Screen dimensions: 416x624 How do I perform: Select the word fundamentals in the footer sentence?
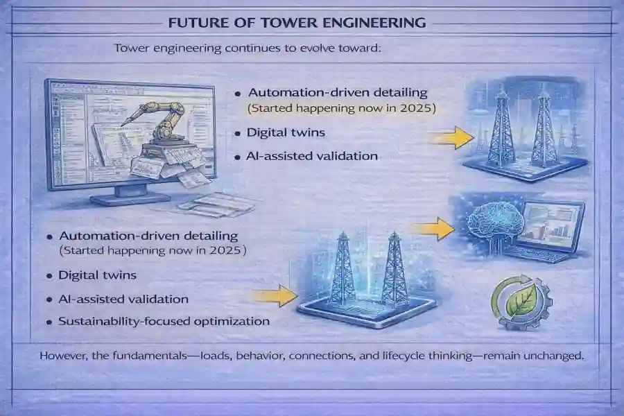click(164, 356)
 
